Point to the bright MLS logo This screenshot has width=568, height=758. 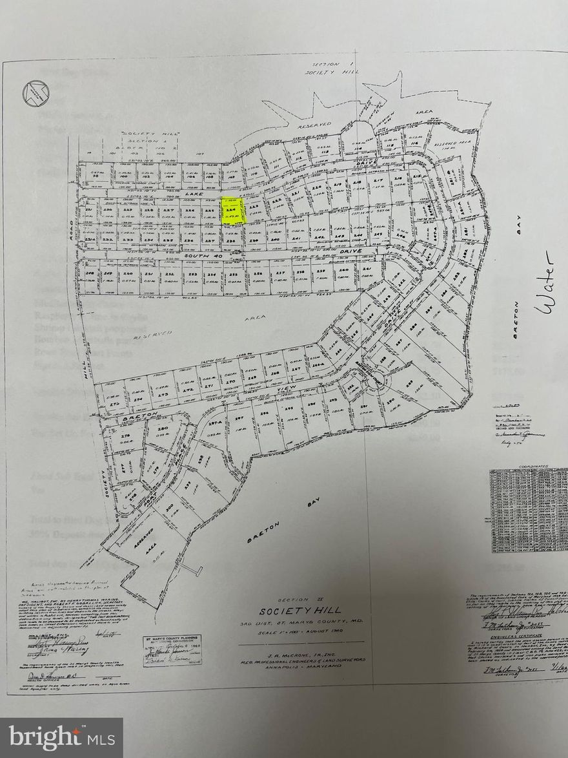point(61,737)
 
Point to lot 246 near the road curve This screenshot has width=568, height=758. point(401,237)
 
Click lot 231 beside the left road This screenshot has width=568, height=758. point(88,211)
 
